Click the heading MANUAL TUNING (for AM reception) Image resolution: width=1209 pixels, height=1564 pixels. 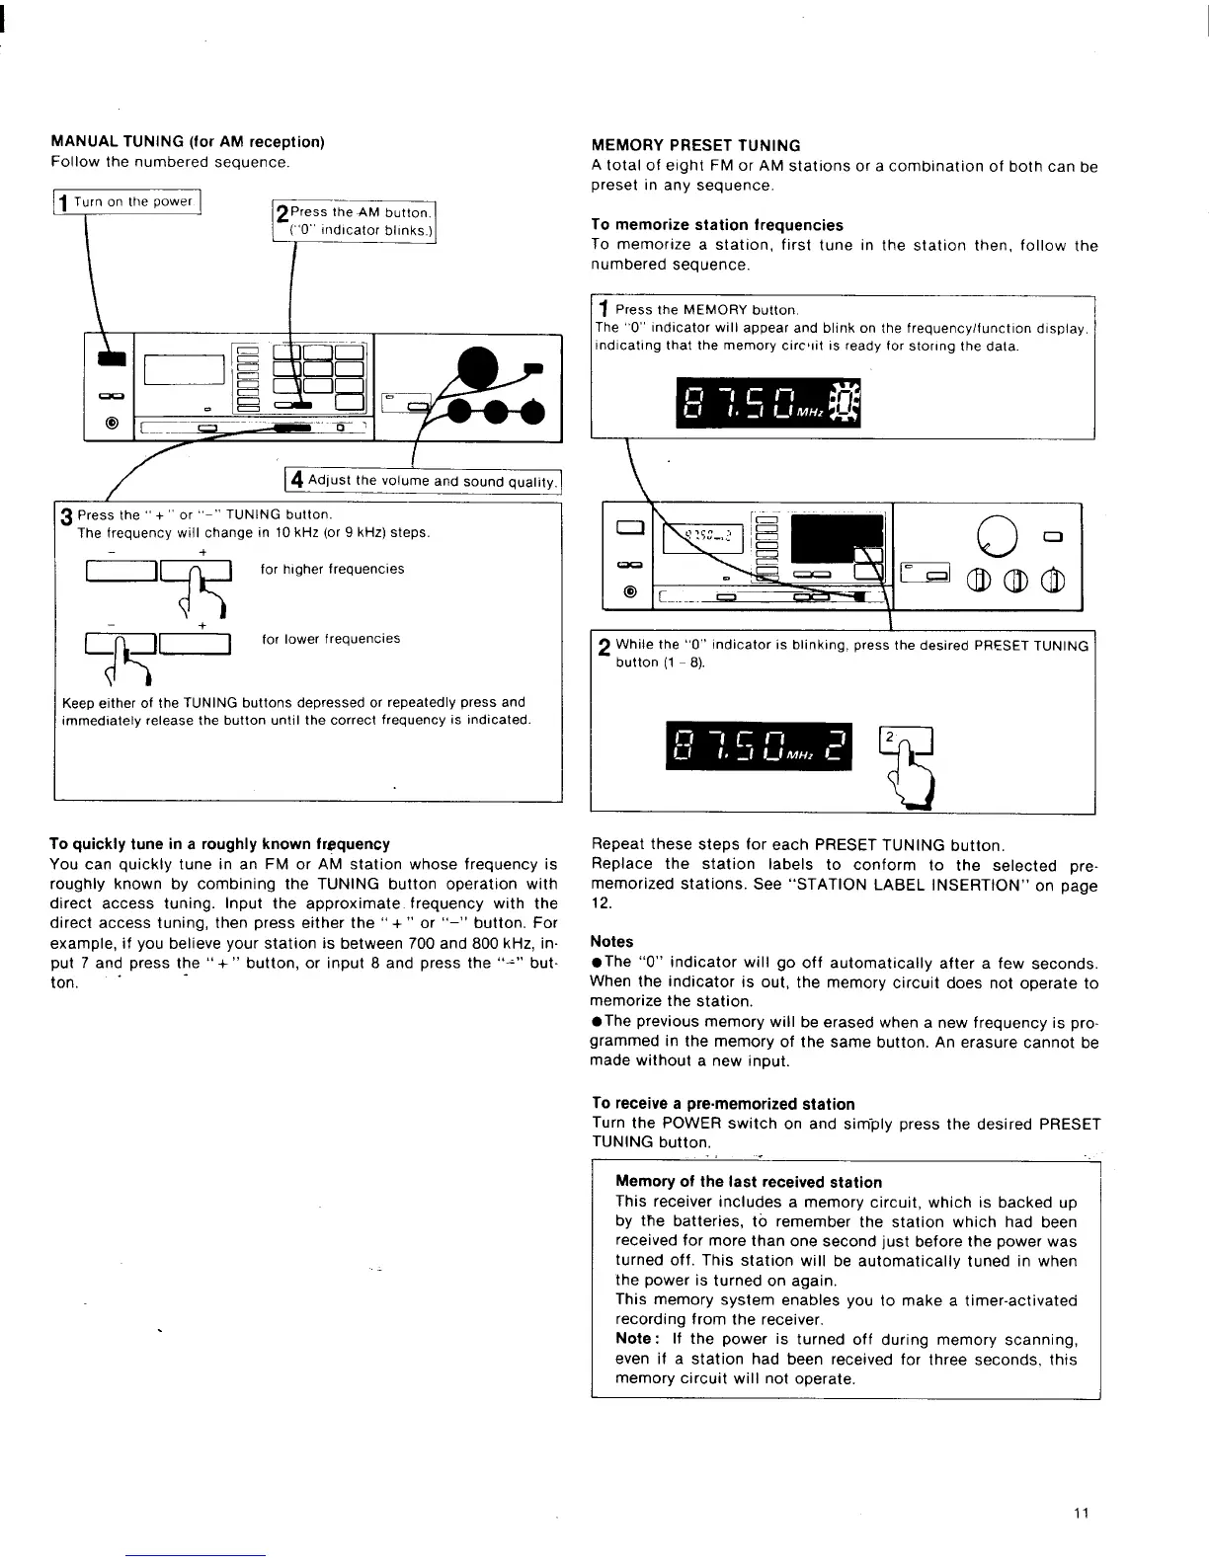[188, 142]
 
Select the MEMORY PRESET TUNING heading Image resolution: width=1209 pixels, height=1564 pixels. [695, 146]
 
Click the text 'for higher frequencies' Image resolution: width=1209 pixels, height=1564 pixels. [332, 569]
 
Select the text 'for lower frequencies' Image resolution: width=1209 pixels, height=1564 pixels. [331, 639]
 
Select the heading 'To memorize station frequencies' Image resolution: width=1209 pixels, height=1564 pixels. [717, 225]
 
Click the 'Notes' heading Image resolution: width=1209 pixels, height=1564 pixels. [611, 942]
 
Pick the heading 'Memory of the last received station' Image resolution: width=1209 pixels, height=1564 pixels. [748, 1182]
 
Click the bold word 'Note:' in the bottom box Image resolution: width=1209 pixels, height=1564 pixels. [633, 1339]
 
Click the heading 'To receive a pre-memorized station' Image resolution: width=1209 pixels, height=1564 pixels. [723, 1104]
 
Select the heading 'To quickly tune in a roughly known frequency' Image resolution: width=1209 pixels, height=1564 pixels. [219, 844]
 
